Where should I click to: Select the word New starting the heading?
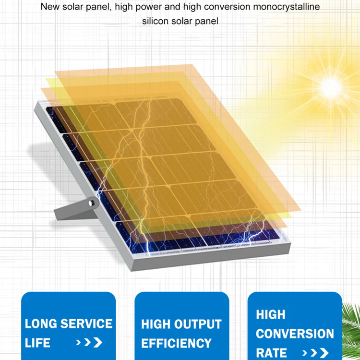coord(49,7)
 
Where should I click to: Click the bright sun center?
coord(331,87)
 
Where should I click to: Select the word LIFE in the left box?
coord(37,343)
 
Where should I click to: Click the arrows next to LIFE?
coord(89,343)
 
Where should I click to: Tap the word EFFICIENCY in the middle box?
coord(176,344)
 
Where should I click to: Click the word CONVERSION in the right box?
coord(295,334)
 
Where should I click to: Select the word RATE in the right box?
coord(271,352)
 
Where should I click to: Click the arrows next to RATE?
coord(317,353)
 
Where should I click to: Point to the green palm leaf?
coord(351,331)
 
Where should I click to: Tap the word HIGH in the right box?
coord(270,315)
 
